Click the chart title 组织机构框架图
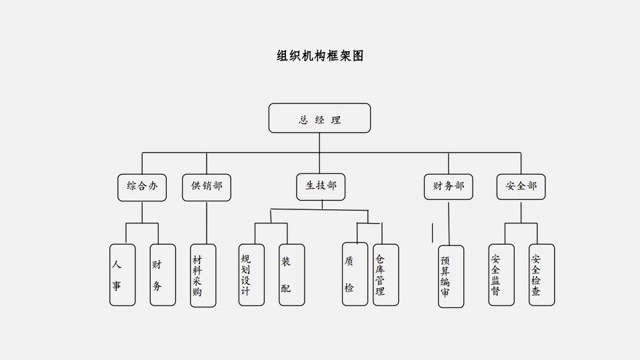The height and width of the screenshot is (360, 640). (320, 56)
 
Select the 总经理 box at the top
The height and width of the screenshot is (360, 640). (319, 118)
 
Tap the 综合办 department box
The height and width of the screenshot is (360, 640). (142, 187)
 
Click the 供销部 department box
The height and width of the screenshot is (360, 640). (207, 187)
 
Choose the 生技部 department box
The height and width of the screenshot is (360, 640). (321, 187)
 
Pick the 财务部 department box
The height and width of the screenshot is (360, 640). (448, 187)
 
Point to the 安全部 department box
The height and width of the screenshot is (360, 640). (521, 187)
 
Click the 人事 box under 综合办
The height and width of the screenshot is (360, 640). (123, 275)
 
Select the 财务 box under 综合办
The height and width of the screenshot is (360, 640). (163, 275)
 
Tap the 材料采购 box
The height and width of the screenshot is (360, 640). (203, 275)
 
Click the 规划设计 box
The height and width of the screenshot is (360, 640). (251, 275)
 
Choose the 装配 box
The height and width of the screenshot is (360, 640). (291, 275)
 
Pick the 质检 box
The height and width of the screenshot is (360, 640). (355, 275)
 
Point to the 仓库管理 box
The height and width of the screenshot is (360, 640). (385, 275)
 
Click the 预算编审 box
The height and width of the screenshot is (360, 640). (451, 276)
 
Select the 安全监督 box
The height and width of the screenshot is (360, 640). (501, 275)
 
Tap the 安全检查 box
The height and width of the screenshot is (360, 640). (541, 275)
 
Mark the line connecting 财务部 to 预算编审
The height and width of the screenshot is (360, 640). (449, 223)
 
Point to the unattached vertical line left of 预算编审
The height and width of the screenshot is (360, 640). (433, 231)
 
